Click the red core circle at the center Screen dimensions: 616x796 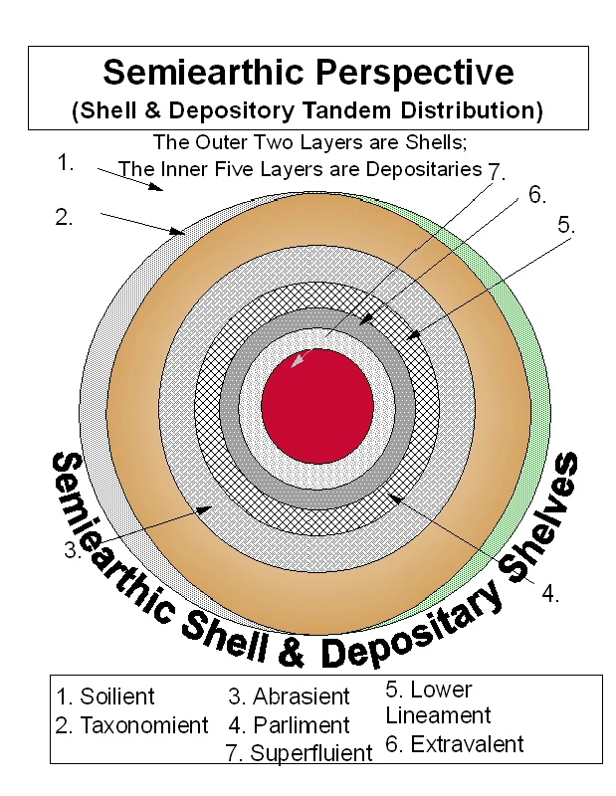pyautogui.click(x=317, y=404)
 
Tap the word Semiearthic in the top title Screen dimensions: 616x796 pyautogui.click(x=209, y=72)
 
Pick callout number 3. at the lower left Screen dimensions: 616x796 pyautogui.click(x=72, y=551)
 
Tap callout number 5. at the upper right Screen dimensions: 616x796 pyautogui.click(x=566, y=225)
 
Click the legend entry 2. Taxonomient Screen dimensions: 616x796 pyautogui.click(x=131, y=725)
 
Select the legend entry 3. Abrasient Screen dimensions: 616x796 pyautogui.click(x=289, y=696)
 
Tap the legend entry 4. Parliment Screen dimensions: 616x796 pyautogui.click(x=289, y=725)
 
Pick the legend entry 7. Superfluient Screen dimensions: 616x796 pyautogui.click(x=299, y=753)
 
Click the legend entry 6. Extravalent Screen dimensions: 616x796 pyautogui.click(x=454, y=743)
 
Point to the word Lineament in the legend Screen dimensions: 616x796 pyautogui.click(x=438, y=714)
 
